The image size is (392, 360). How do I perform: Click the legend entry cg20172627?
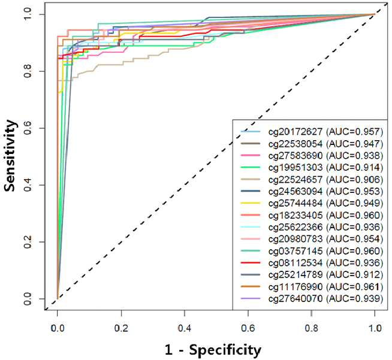295,132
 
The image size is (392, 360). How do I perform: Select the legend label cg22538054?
295,144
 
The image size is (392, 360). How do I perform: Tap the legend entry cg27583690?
295,156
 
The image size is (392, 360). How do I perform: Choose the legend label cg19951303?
295,167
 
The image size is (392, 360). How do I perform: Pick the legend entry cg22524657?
295,179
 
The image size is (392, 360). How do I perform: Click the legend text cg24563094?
295,191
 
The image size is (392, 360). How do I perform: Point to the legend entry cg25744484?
295,203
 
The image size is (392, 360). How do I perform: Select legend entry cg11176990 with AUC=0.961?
325,287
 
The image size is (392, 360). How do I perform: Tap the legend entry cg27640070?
295,298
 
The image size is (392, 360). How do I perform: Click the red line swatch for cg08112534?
251,263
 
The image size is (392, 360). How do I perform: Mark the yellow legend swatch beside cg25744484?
251,203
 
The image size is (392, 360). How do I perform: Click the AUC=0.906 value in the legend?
355,179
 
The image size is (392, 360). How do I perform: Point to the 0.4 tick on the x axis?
185,328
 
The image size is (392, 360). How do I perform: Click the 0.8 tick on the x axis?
311,328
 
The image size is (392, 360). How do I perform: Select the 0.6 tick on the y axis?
28,128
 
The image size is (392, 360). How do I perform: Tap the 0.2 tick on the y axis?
28,242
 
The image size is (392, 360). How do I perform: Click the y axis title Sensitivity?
10,155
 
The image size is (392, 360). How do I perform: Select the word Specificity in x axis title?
225,350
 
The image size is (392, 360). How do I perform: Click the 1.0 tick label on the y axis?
28,14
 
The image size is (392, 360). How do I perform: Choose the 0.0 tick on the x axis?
58,328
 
